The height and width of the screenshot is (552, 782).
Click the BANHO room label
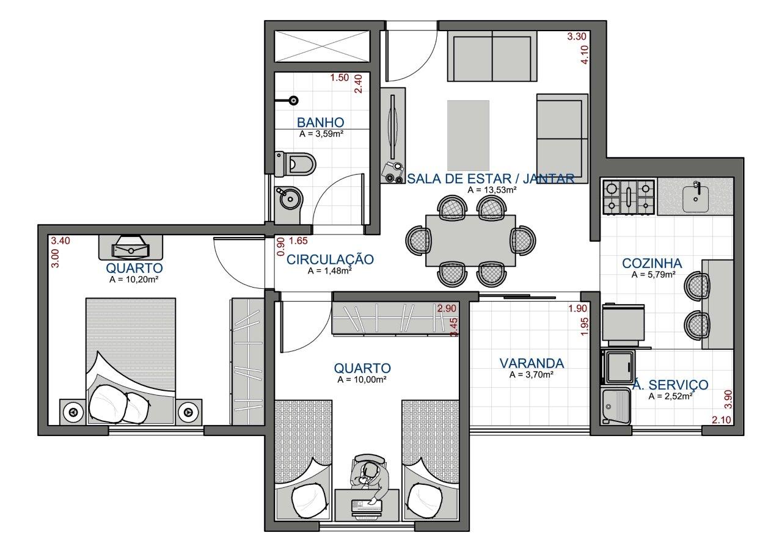(321, 123)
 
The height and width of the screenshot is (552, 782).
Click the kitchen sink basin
(695, 198)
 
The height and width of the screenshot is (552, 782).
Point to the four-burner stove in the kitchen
(629, 197)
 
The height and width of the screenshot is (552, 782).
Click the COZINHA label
(652, 263)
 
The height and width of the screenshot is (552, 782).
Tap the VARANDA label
(532, 363)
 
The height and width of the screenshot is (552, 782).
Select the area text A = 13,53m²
(492, 190)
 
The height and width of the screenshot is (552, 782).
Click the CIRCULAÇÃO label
(330, 260)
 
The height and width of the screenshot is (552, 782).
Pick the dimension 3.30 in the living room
(577, 36)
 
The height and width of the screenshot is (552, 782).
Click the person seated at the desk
(369, 477)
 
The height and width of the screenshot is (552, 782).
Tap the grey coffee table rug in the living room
(468, 136)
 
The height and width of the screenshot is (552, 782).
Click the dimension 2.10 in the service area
(722, 419)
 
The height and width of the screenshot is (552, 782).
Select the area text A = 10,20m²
(134, 279)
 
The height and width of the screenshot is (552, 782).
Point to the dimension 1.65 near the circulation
(298, 241)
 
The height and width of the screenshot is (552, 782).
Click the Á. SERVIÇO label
(670, 384)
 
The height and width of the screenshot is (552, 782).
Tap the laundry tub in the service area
(615, 406)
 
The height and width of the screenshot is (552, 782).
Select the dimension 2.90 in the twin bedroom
(447, 308)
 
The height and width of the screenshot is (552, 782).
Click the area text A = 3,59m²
(321, 133)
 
